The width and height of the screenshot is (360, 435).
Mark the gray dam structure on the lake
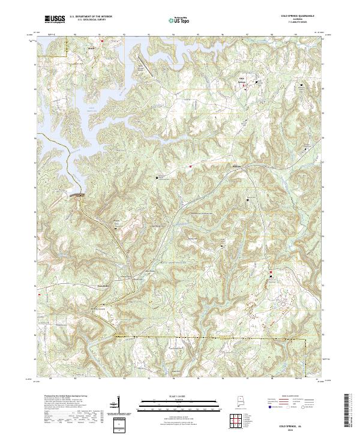pyautogui.click(x=77, y=194)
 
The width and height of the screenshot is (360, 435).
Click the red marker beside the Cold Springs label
pyautogui.click(x=244, y=86)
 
